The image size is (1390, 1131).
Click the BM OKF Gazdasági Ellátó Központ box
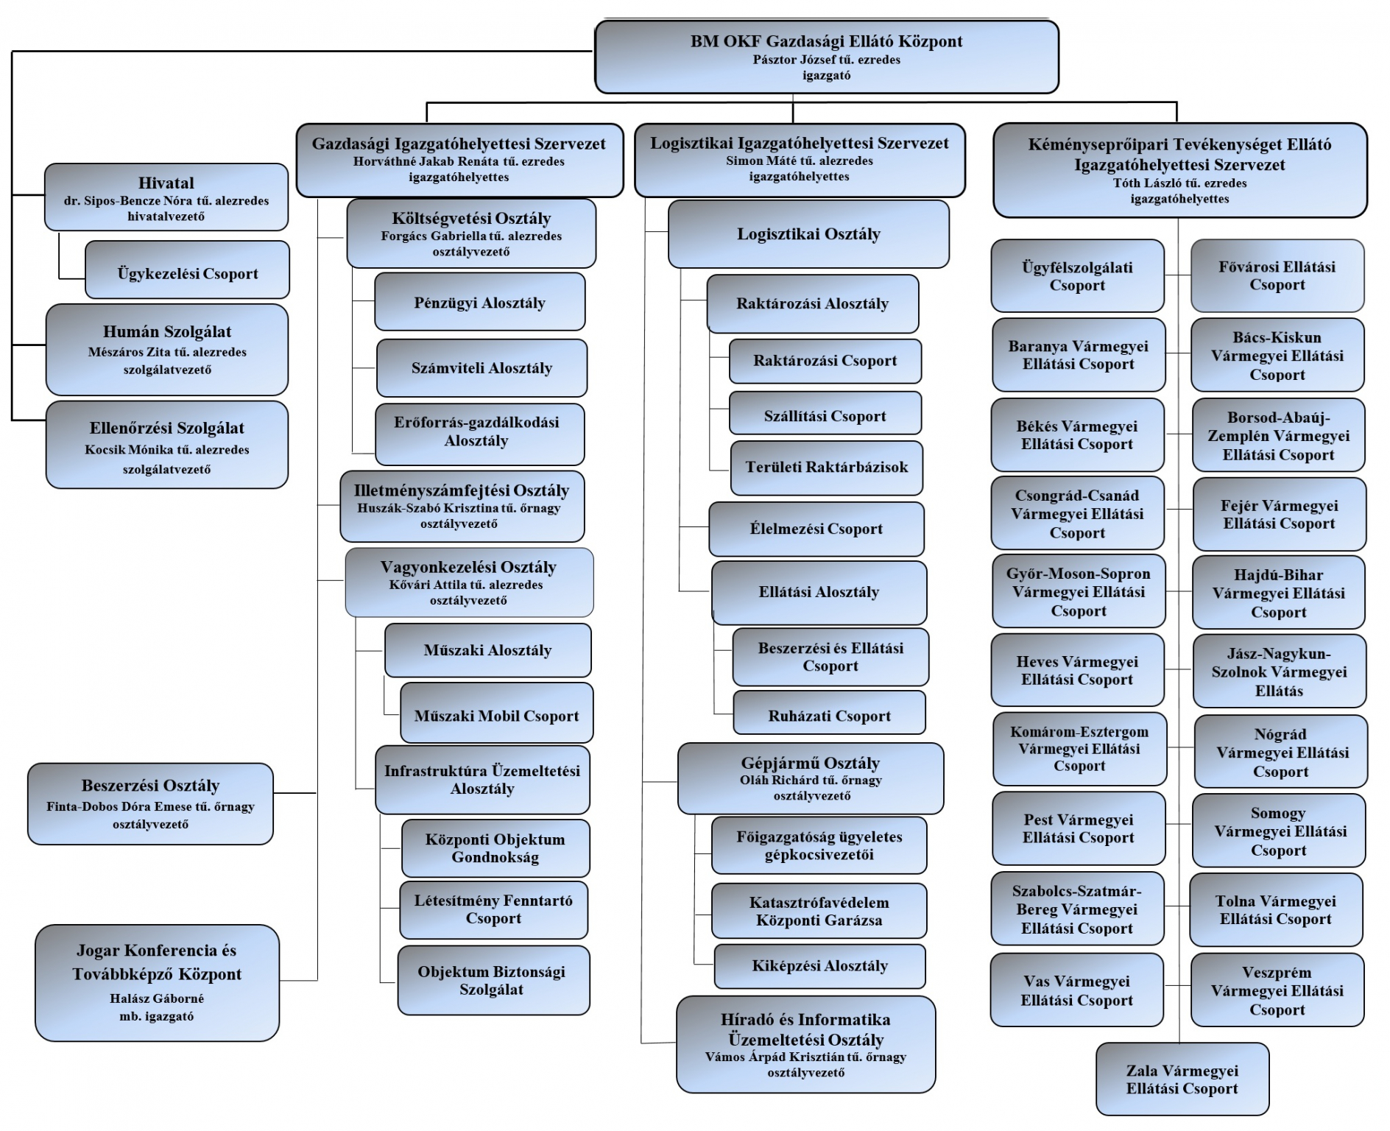click(x=826, y=57)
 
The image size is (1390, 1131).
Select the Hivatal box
click(x=166, y=197)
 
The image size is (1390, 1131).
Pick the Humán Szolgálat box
click(x=167, y=350)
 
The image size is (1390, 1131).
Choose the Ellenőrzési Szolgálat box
click(x=167, y=445)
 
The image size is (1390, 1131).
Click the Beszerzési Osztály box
click(x=150, y=803)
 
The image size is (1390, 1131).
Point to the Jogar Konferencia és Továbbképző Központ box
click(x=157, y=982)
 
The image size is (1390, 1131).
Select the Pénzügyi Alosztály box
click(x=480, y=302)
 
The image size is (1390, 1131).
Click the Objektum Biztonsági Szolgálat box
click(x=493, y=980)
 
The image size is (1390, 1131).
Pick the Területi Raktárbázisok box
click(x=826, y=468)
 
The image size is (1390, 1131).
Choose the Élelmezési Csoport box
click(x=816, y=529)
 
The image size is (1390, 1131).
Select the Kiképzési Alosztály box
click(x=819, y=966)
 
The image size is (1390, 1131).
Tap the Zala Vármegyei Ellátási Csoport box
click(x=1182, y=1079)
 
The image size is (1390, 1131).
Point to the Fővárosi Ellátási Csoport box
click(x=1277, y=275)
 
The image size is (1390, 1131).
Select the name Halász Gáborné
click(x=157, y=999)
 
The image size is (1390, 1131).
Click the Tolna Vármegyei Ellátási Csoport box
click(x=1276, y=909)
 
